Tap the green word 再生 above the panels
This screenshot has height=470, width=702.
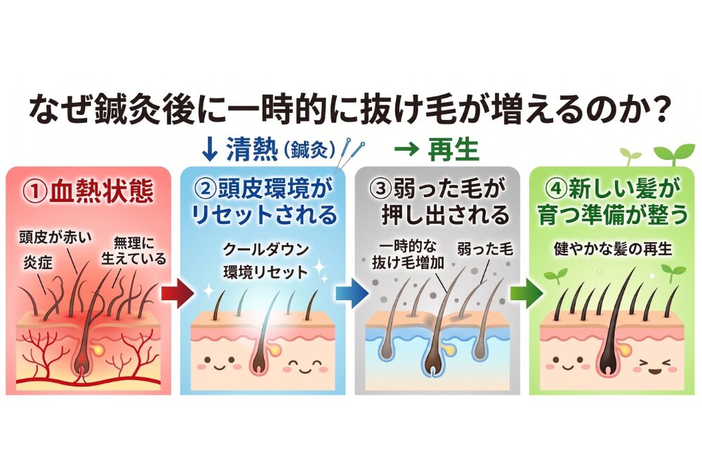pyautogui.click(x=456, y=149)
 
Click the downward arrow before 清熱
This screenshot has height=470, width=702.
pyautogui.click(x=210, y=149)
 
